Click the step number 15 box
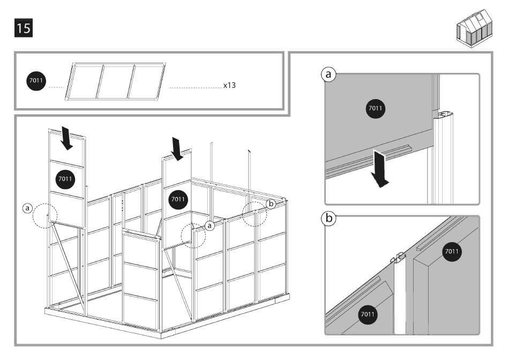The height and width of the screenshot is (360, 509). (x=24, y=28)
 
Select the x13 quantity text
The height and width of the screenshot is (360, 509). (x=229, y=85)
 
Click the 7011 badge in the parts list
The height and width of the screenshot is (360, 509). (x=37, y=81)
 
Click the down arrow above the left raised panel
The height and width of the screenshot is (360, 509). (x=67, y=138)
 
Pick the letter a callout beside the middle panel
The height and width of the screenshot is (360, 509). (x=210, y=226)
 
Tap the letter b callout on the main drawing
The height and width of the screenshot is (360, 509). (x=271, y=203)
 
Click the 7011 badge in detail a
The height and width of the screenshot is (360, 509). (x=376, y=109)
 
